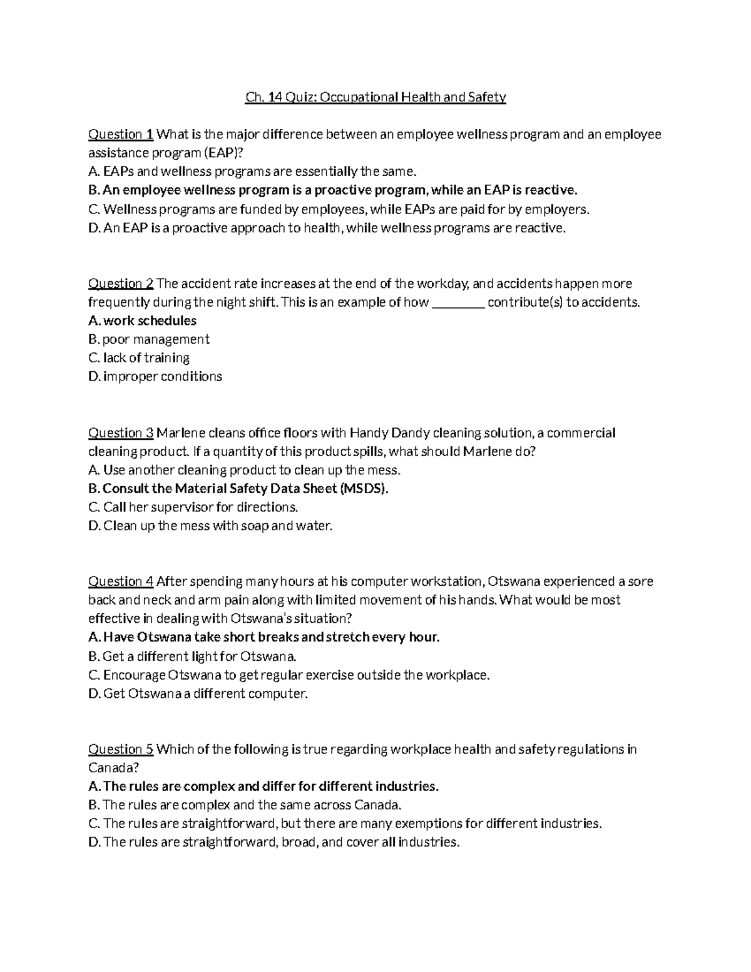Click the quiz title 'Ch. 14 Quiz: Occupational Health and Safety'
click(x=375, y=97)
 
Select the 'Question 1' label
click(x=121, y=134)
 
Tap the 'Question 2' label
click(x=121, y=284)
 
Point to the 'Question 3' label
click(x=121, y=432)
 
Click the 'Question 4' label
click(x=121, y=581)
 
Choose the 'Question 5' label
click(x=121, y=749)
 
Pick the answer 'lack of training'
click(x=146, y=358)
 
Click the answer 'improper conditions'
click(x=163, y=377)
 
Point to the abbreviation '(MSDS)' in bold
click(x=365, y=488)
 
